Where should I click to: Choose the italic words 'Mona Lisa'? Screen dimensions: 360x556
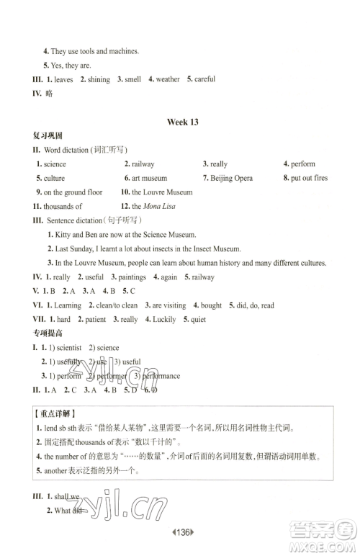coord(159,206)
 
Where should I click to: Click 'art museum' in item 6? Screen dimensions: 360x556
coord(150,178)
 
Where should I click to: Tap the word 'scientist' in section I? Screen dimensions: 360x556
coord(65,347)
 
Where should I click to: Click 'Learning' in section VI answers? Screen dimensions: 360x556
coord(68,305)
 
